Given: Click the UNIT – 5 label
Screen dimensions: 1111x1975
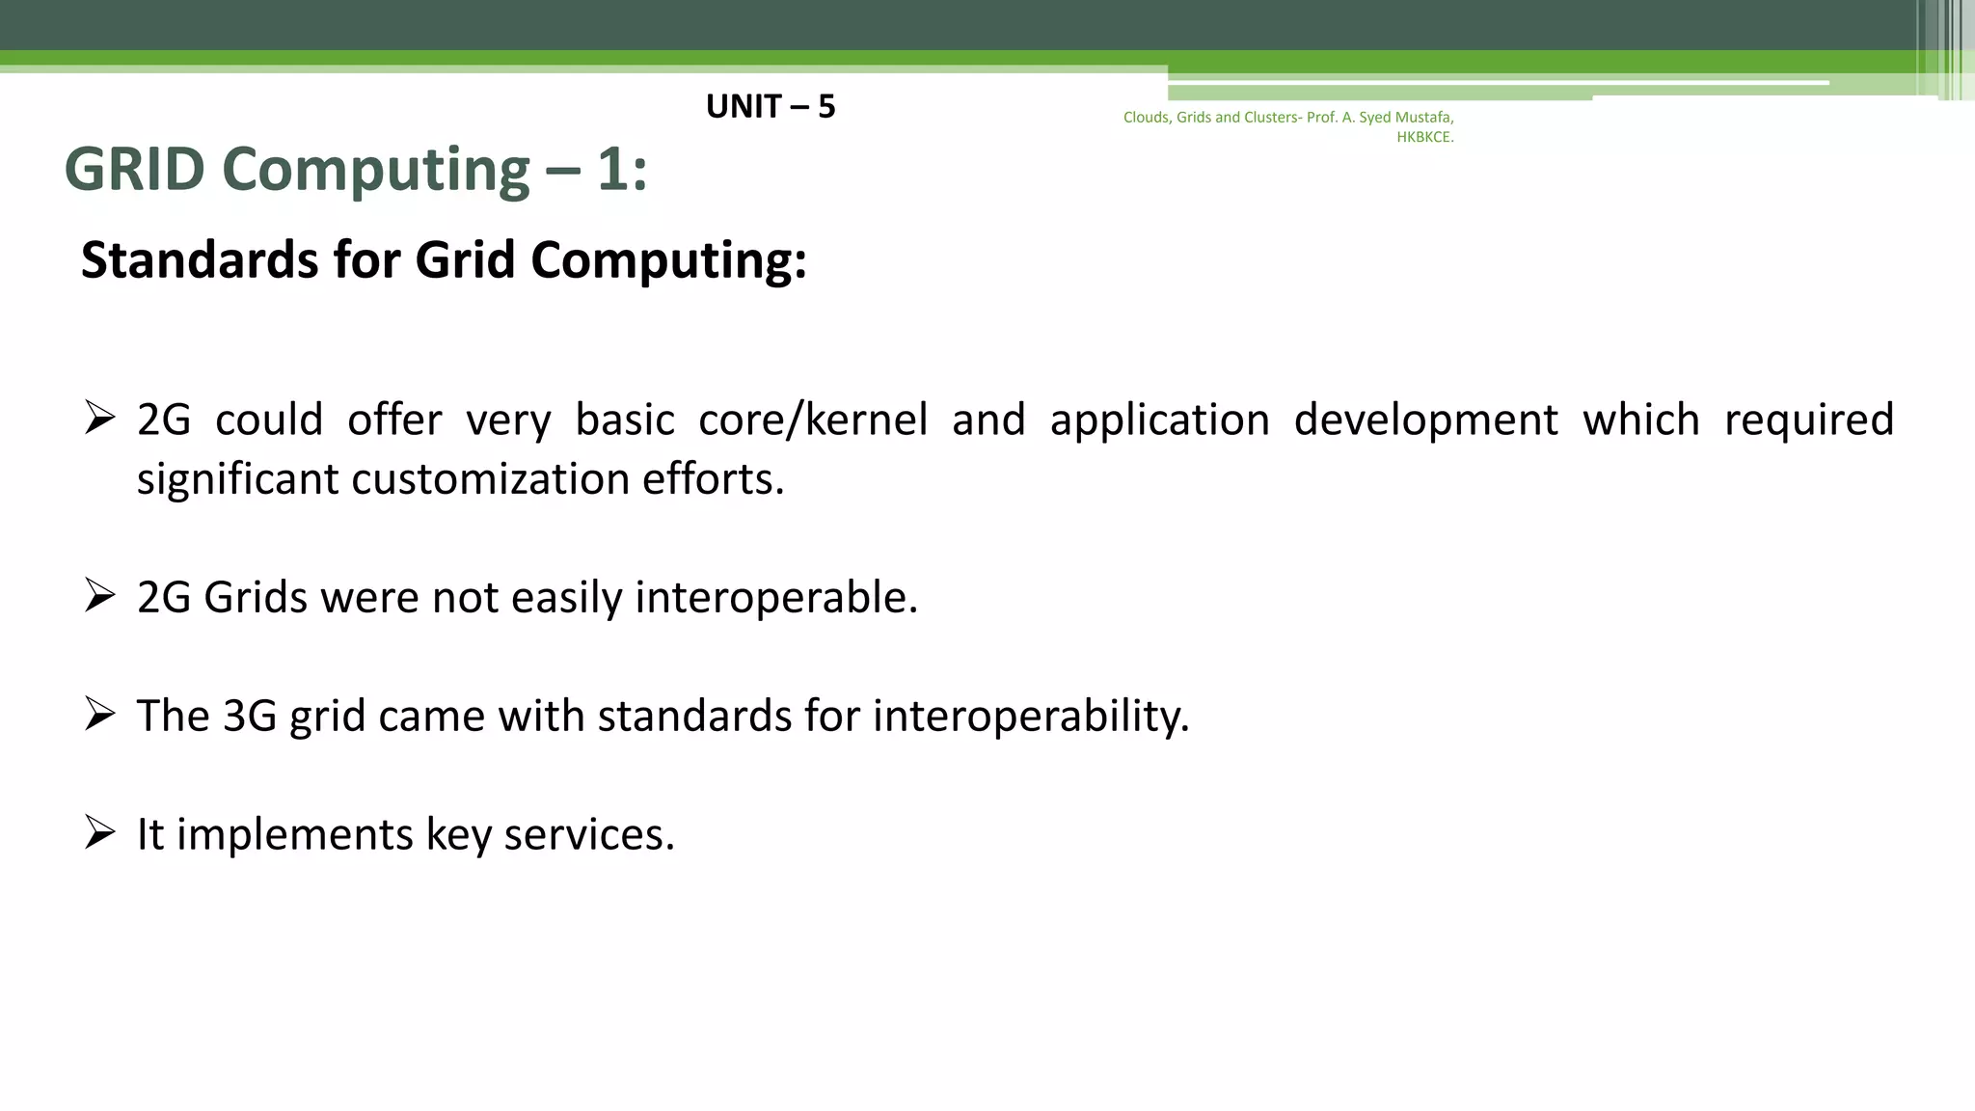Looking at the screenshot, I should [770, 106].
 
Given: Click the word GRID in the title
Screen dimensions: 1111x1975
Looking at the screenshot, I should [134, 170].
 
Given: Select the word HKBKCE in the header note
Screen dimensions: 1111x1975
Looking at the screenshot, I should [1423, 137].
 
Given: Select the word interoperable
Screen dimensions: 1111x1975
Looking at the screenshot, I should [775, 598].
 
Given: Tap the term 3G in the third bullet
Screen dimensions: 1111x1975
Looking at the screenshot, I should [249, 717].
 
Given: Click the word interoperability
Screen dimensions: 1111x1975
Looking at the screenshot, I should [1031, 717].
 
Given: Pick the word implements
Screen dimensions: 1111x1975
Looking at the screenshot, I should [294, 835].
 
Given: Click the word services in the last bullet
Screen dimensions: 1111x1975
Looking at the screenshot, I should [588, 835].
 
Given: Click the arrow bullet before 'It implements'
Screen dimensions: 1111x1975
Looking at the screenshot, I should [99, 831].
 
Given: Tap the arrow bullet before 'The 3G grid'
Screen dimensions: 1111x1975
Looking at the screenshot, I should [99, 713].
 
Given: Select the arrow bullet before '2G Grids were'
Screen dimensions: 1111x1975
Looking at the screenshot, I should [99, 594].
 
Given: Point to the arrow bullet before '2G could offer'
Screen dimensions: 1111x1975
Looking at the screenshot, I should [99, 417].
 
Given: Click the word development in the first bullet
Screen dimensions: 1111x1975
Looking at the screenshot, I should [1424, 420].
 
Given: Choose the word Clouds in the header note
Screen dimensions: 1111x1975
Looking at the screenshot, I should [1147, 118].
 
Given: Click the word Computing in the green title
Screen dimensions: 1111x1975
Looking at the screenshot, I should [376, 170].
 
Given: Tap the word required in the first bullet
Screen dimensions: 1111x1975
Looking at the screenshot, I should [1808, 420].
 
